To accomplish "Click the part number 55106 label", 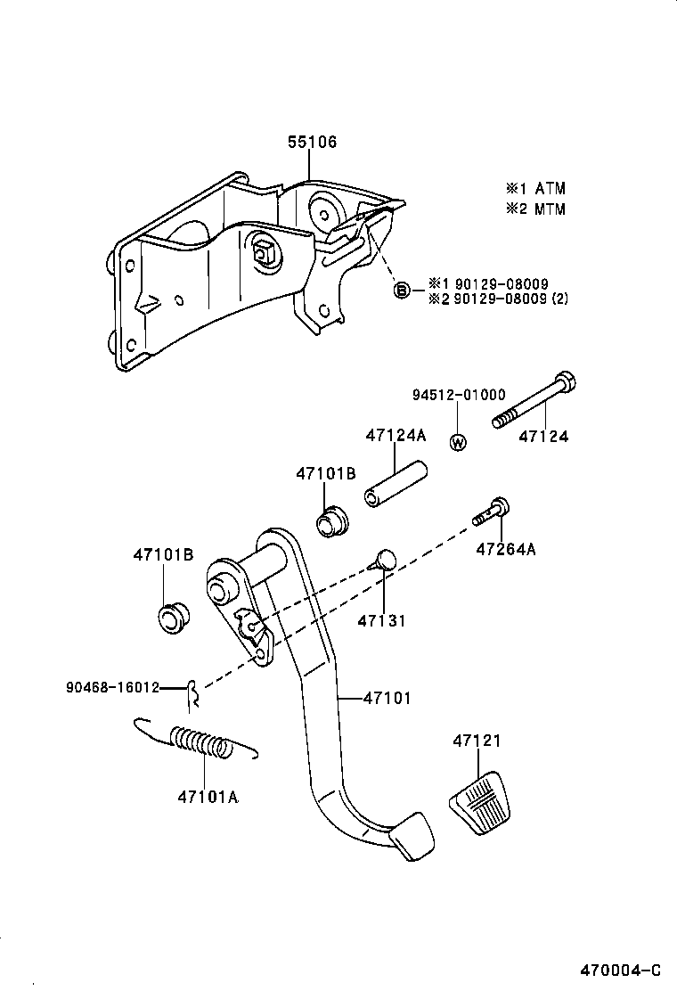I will click(x=313, y=143).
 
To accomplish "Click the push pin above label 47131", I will click(x=383, y=561).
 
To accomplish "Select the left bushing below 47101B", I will click(x=171, y=618).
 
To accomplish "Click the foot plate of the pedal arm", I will click(x=412, y=837).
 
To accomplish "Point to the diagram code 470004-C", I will click(x=621, y=970).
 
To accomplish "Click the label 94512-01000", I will click(x=459, y=395).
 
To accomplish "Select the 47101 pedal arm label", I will click(x=387, y=699).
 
